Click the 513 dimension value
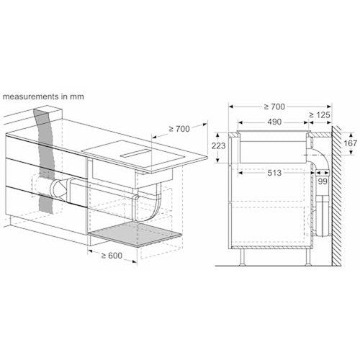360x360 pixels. click(x=276, y=173)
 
